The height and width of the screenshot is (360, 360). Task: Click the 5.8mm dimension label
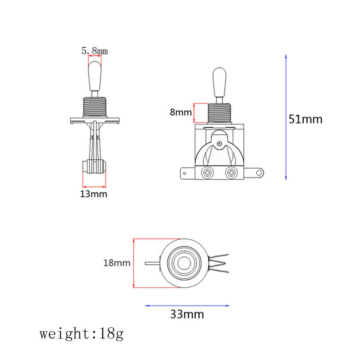pyautogui.click(x=95, y=51)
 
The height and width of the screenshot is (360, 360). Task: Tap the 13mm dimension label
pyautogui.click(x=94, y=194)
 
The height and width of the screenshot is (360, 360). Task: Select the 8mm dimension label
pyautogui.click(x=181, y=112)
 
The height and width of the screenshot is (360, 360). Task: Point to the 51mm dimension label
pyautogui.click(x=306, y=120)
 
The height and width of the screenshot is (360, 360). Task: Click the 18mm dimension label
pyautogui.click(x=117, y=263)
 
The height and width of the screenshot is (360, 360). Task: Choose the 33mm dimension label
pyautogui.click(x=187, y=314)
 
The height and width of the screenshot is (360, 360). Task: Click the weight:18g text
pyautogui.click(x=82, y=334)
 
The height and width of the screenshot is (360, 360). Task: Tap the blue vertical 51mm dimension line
pyautogui.click(x=286, y=117)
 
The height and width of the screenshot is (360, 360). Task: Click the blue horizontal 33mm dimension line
pyautogui.click(x=187, y=306)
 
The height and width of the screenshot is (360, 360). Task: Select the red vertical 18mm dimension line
pyautogui.click(x=133, y=263)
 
